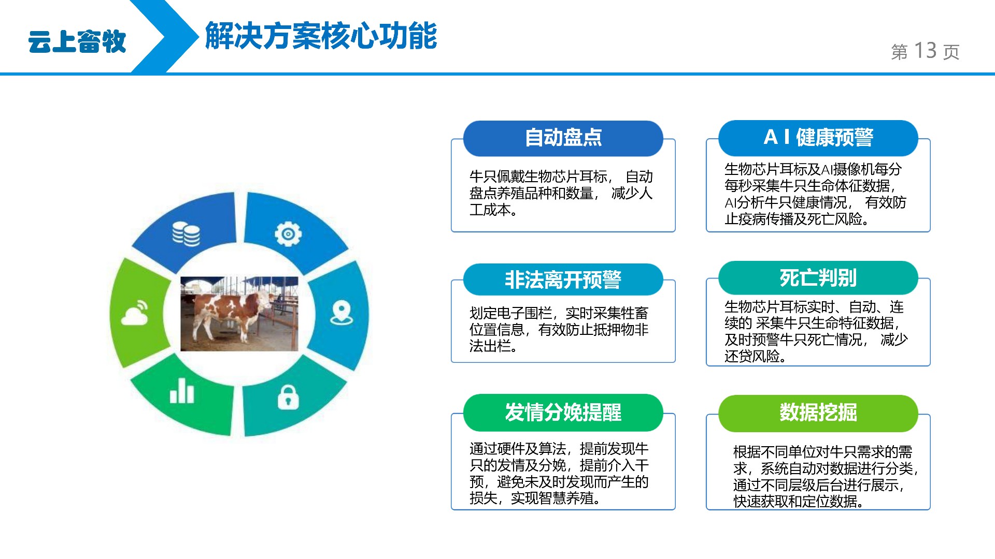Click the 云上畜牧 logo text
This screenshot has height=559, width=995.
(77, 41)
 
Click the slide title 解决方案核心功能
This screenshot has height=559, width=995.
(321, 36)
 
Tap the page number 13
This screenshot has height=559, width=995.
(925, 51)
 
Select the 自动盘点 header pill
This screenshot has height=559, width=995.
(563, 138)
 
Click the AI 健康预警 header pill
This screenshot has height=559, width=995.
(818, 138)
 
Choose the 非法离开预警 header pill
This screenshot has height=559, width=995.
(563, 279)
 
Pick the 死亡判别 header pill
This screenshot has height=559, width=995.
(818, 278)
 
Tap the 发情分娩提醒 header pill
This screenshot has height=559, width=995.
(563, 413)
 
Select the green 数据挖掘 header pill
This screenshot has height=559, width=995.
(818, 413)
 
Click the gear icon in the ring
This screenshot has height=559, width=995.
(288, 234)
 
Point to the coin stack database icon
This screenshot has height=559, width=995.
(186, 234)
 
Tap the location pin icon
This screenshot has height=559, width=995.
(342, 313)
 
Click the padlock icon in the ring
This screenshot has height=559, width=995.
(288, 397)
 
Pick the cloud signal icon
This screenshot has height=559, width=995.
(135, 312)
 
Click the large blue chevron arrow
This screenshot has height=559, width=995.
(166, 36)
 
